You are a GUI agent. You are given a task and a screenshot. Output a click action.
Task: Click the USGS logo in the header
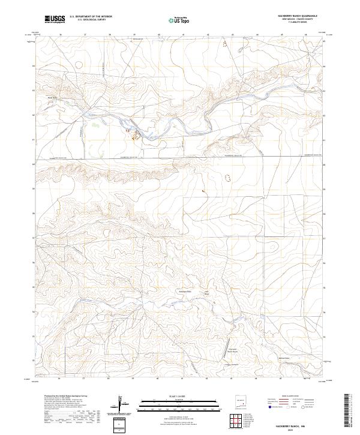(x=55, y=19)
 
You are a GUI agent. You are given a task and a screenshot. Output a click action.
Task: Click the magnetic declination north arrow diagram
(x=123, y=403)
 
